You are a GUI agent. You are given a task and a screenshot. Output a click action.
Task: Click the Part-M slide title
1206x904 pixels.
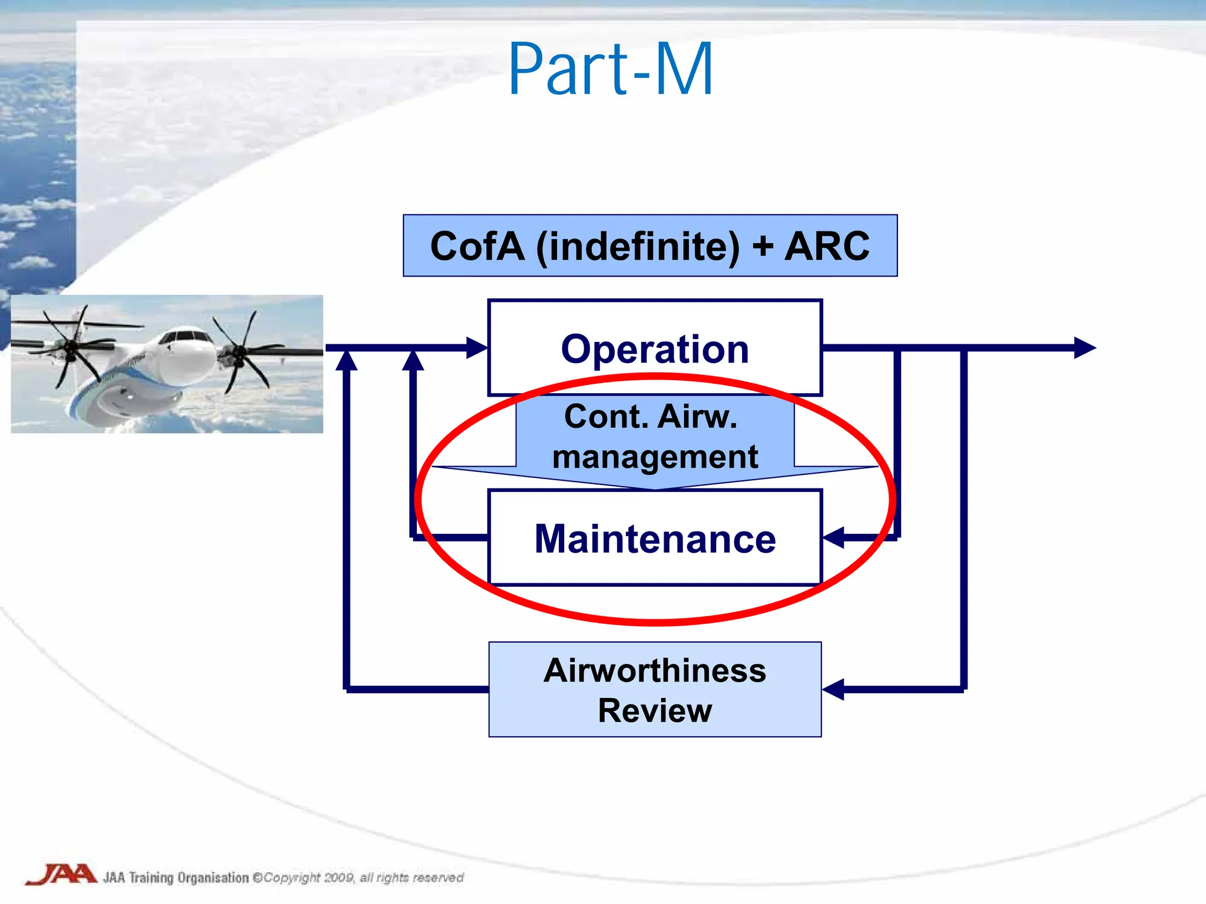click(611, 69)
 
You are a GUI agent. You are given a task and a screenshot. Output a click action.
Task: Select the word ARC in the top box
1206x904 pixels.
click(826, 246)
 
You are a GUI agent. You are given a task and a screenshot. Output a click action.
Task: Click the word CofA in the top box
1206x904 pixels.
click(477, 246)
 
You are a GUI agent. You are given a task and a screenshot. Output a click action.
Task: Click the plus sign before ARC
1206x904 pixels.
click(763, 246)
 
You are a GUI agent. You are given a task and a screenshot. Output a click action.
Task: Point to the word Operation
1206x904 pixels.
click(655, 349)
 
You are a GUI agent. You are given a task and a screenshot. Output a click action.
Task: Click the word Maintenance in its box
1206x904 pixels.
click(655, 539)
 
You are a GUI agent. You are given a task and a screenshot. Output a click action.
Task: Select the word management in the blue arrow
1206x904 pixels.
click(655, 457)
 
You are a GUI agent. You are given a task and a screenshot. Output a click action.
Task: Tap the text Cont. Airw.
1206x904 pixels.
click(651, 417)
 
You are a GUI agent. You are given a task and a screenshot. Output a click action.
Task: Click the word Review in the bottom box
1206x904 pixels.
click(655, 710)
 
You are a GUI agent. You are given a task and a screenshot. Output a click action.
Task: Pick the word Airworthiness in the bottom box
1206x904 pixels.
click(655, 670)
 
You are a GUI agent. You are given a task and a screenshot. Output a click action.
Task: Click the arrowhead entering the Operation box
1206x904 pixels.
click(477, 348)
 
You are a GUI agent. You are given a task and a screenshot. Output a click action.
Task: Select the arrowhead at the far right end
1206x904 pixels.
click(1085, 348)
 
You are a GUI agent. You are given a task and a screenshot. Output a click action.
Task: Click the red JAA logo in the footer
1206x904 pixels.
click(61, 875)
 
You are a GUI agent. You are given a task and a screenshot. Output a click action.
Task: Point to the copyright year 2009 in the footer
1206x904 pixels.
click(339, 878)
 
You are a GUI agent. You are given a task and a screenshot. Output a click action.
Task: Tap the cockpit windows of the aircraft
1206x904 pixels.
click(184, 337)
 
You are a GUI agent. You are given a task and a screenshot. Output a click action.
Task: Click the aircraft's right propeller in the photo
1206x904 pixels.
click(239, 353)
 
